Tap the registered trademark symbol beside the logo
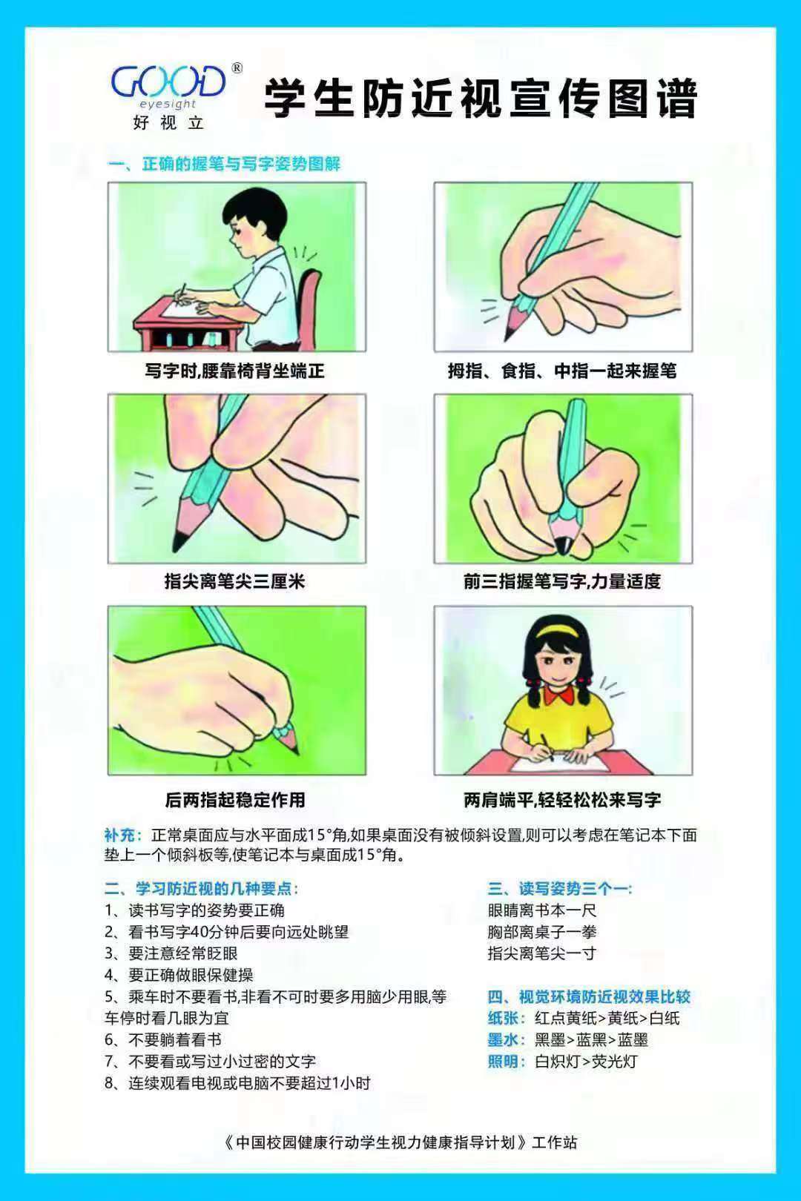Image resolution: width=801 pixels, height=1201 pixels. pos(237,68)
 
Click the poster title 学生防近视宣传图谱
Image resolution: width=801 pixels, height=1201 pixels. pos(481,98)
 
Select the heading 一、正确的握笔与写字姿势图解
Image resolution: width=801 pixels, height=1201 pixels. pos(224,164)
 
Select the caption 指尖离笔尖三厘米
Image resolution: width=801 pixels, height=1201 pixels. pos(234,581)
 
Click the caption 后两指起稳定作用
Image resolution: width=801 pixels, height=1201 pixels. pos(235,800)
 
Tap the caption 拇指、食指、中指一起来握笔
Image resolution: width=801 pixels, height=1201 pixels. pos(562,371)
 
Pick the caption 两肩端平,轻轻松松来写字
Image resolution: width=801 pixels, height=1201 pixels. pos(562,800)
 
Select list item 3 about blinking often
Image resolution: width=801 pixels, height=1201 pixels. pos(171,953)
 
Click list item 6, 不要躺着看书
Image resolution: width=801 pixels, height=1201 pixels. pos(163,1039)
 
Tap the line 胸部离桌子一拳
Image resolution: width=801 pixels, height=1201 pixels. pos(542,932)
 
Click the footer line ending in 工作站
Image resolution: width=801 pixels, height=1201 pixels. pos(400,1142)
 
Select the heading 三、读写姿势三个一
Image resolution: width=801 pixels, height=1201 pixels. pos(559,889)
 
